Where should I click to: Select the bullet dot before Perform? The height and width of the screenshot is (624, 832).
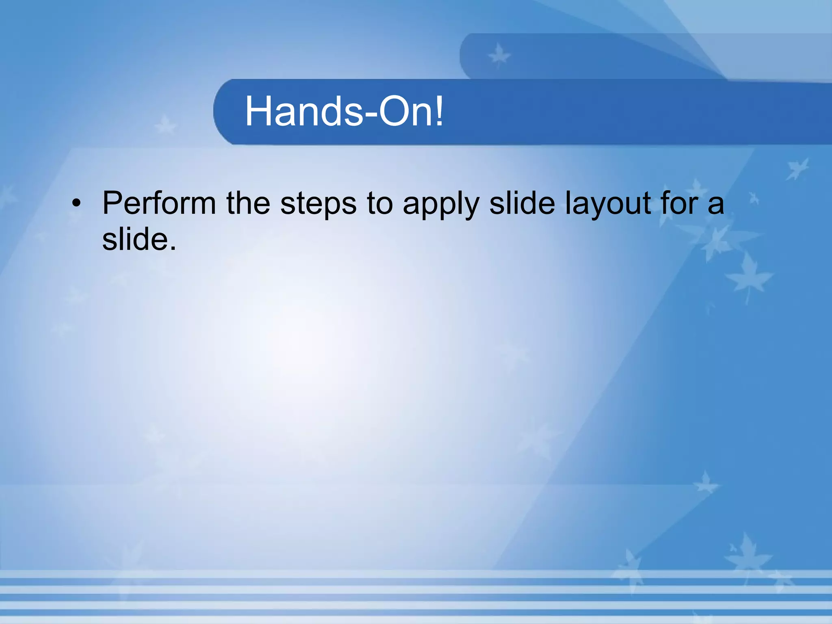[76, 203]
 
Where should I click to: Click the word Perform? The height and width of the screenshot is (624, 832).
[159, 203]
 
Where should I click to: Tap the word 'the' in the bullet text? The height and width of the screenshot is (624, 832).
[248, 203]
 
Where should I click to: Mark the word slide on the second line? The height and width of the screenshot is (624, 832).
[134, 238]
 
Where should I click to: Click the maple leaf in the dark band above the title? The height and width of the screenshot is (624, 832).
[499, 55]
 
